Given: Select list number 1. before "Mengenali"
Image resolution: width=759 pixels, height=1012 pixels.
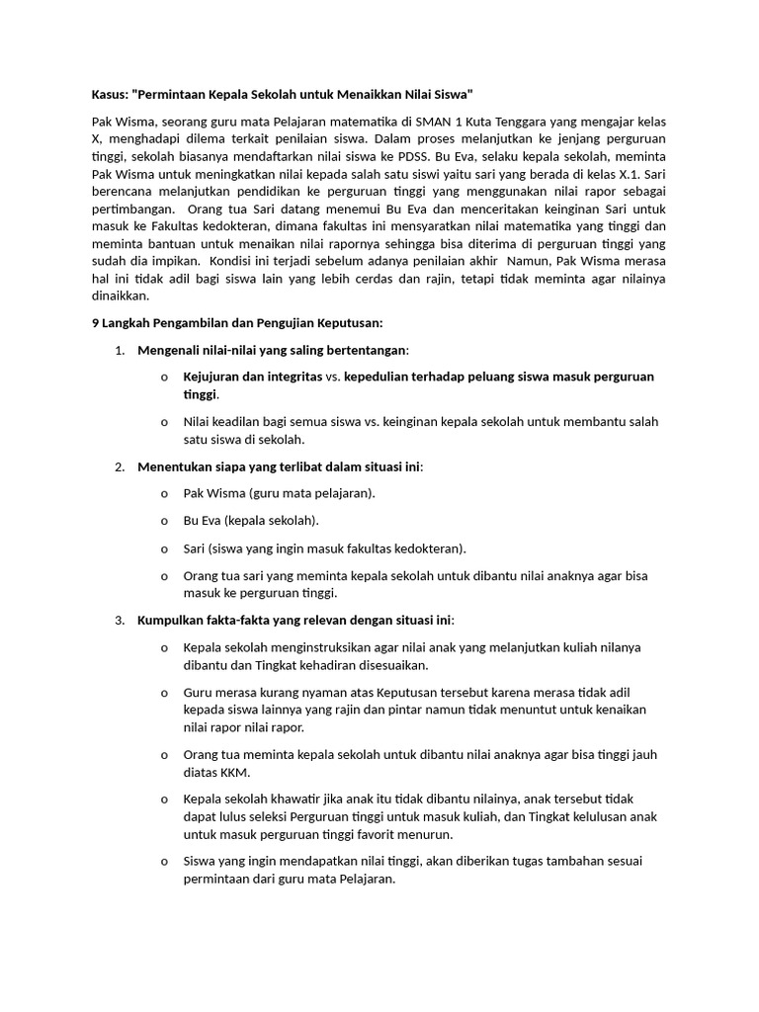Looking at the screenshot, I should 120,350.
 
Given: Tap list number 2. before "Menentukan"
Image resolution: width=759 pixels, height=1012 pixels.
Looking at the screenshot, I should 120,465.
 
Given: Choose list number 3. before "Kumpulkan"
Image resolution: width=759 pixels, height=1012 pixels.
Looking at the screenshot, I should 120,620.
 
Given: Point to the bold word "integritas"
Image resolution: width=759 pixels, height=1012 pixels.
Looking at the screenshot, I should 294,377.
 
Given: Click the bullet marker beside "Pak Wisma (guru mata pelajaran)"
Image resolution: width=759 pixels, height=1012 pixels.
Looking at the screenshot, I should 163,493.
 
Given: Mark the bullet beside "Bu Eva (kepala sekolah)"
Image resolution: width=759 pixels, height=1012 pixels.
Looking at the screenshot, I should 163,521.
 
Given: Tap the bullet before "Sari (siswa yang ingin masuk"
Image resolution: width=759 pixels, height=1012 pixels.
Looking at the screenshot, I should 163,548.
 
